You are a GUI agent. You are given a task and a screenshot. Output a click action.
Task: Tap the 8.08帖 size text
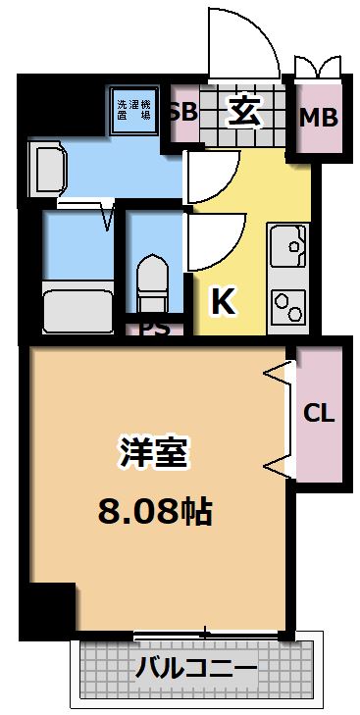point(155,509)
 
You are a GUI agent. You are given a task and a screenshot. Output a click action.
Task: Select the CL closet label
point(319,413)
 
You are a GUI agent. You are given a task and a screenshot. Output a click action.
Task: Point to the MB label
point(318,119)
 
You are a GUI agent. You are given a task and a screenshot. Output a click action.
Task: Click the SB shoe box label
point(182,111)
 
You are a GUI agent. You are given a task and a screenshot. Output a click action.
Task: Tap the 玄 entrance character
point(245,112)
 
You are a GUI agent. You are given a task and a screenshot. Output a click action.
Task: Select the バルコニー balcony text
point(196,670)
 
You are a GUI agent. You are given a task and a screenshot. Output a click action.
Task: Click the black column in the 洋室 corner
point(49,608)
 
